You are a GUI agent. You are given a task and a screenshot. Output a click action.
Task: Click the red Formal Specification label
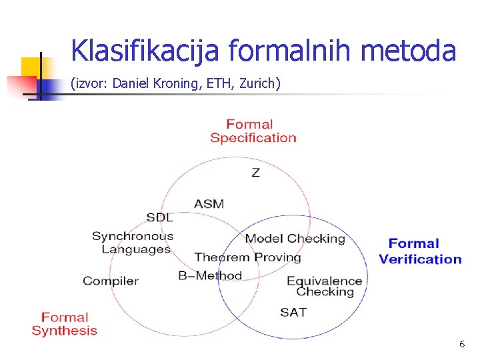[x=253, y=131]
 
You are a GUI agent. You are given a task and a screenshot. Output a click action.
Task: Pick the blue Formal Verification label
[x=420, y=251]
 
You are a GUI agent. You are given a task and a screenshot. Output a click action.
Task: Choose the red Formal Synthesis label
[x=65, y=323]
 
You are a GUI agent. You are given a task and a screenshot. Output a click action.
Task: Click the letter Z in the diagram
[x=255, y=173]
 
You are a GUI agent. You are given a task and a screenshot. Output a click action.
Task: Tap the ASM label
[x=209, y=203]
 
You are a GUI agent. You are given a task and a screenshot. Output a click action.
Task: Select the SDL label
[x=159, y=217]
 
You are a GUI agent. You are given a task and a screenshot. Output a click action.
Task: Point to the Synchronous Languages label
[x=133, y=243]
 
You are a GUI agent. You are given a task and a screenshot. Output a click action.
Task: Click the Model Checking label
[x=295, y=238]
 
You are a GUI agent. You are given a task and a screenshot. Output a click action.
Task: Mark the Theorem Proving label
[x=247, y=257]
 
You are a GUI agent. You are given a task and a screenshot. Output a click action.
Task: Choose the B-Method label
[x=210, y=275]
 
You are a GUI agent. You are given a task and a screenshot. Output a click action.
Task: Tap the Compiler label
[x=110, y=281]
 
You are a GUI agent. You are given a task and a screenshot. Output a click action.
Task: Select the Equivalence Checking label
[x=325, y=286]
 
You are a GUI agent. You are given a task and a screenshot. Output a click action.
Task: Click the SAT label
[x=293, y=312]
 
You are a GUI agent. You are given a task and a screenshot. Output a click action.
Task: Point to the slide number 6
[x=461, y=344]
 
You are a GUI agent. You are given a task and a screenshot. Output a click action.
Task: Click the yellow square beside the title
[x=31, y=67]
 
